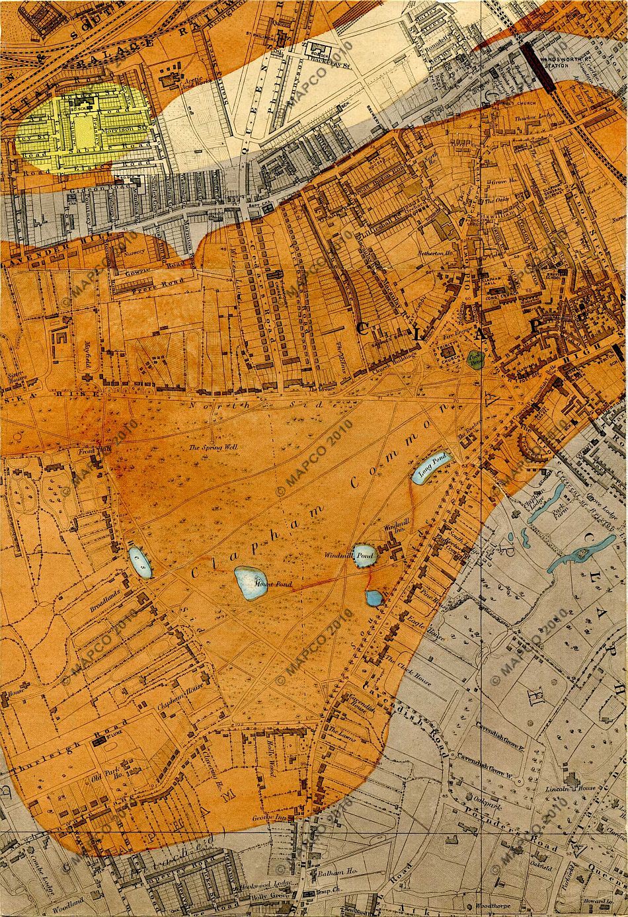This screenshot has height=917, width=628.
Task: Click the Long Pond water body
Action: coord(432,467)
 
